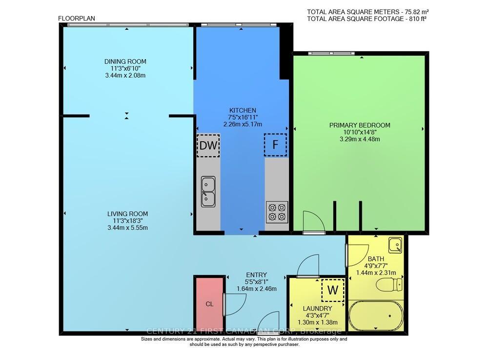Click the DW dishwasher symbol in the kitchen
pos(208,145)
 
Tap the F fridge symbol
pos(275,145)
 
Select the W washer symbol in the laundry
pos(333,289)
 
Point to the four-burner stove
pos(277,212)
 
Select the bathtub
pos(376,316)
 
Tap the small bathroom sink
pos(396,244)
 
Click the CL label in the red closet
pos(209,304)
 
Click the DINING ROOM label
pos(125,62)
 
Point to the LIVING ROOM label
pos(127,214)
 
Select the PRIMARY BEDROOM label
pos(360,125)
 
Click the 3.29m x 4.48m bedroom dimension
pos(360,139)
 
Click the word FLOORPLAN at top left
pos(77,19)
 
